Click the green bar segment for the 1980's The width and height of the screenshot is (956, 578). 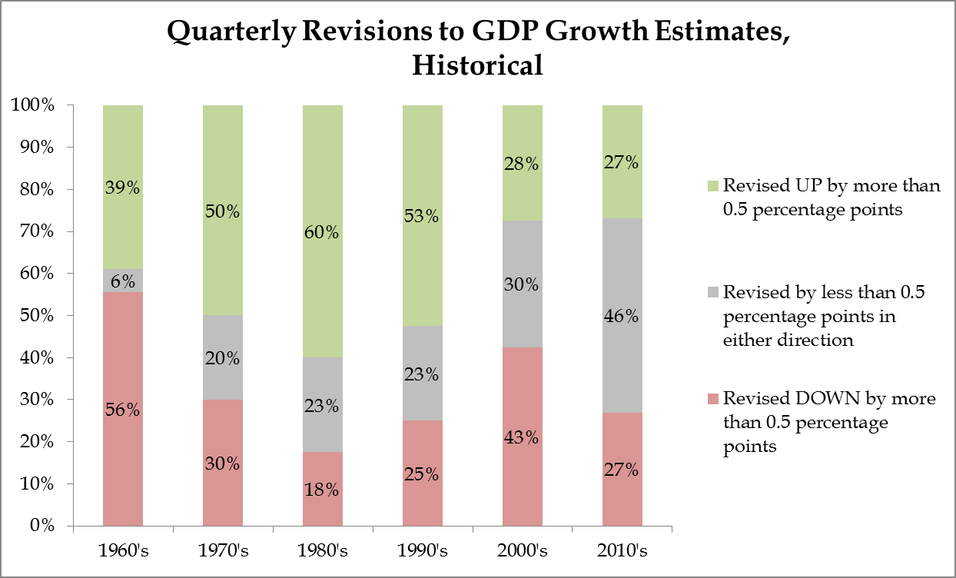[x=323, y=231]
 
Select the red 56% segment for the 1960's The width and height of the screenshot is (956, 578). [x=123, y=409]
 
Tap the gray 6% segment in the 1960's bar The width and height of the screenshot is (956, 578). [x=123, y=281]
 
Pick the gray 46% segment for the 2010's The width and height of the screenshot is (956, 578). [x=622, y=316]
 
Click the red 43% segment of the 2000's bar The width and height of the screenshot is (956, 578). [x=523, y=437]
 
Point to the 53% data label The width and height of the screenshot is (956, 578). [x=421, y=216]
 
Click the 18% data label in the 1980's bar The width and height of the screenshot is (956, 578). [x=321, y=490]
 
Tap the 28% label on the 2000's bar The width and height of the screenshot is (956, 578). [x=521, y=164]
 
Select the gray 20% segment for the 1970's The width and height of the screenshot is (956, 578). [x=223, y=357]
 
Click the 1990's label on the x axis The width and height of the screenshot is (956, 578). [x=423, y=550]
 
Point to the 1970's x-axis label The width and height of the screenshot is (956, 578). [x=223, y=550]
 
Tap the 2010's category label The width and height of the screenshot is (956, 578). [x=622, y=550]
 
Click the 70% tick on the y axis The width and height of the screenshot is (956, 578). [x=37, y=231]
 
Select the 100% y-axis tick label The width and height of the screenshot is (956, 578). [x=33, y=105]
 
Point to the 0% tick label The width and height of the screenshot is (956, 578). [x=42, y=526]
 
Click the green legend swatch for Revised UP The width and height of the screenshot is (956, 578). [x=713, y=186]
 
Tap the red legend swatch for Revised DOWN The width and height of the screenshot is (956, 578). [x=713, y=399]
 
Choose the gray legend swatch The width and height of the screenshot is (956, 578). [x=713, y=292]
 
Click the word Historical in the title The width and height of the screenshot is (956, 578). [x=477, y=65]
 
